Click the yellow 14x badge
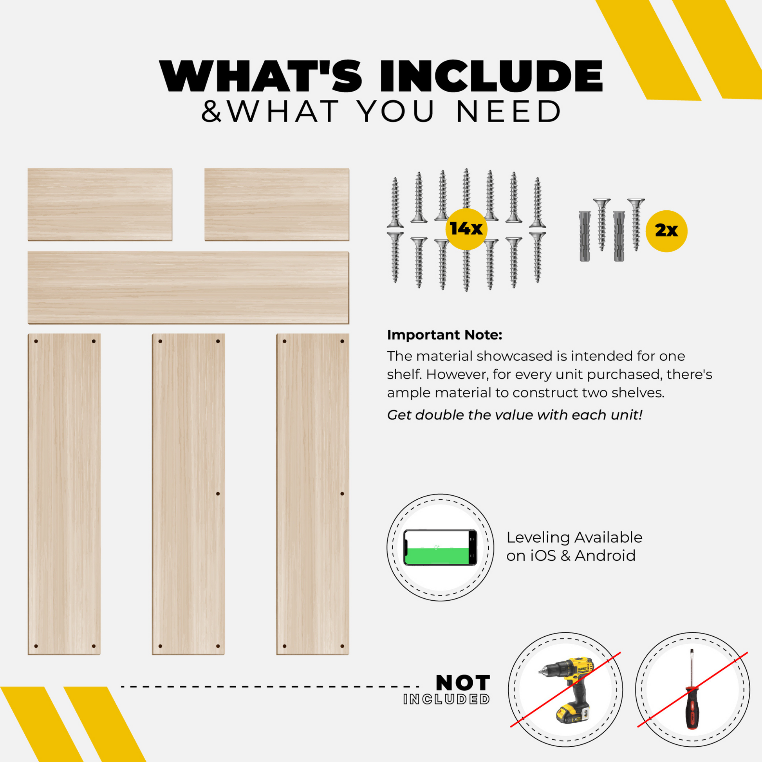[x=466, y=229]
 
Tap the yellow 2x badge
[x=666, y=231]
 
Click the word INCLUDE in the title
[x=491, y=76]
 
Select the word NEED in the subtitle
[x=509, y=111]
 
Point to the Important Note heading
[x=444, y=335]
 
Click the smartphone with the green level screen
[x=440, y=547]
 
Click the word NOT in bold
[x=463, y=683]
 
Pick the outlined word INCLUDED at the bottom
[x=446, y=699]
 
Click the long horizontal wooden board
[x=188, y=287]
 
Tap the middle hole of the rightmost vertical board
[x=342, y=494]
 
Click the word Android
[x=605, y=556]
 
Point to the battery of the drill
[x=572, y=714]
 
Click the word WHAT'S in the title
[x=261, y=76]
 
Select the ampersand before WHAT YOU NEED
[x=211, y=111]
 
